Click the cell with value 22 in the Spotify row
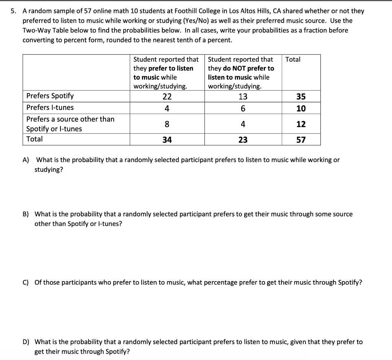167,97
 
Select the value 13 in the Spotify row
243,97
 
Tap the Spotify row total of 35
301,97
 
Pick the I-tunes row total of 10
301,108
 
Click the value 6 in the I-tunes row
243,108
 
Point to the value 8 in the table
167,124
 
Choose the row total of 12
301,124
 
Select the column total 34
167,140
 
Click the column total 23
243,140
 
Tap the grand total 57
301,140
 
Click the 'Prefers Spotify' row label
50,96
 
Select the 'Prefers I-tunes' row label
50,108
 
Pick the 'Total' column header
293,59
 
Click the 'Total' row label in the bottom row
34,139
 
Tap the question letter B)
26,214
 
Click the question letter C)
26,283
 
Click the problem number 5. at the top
13,11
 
